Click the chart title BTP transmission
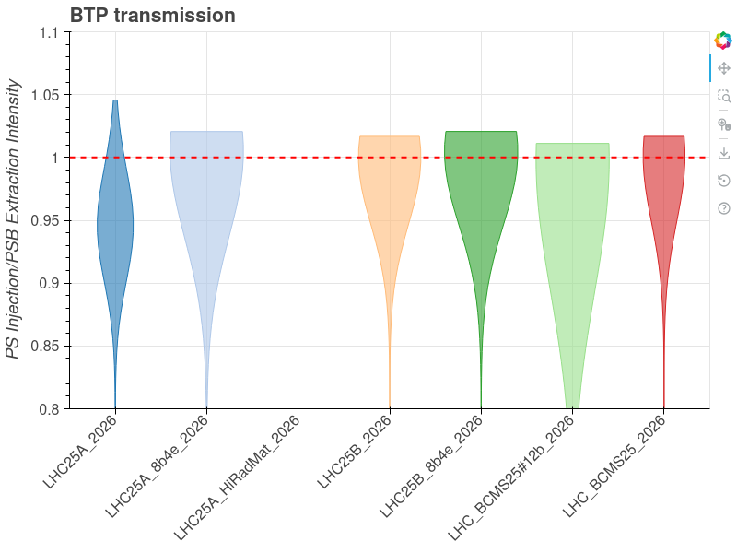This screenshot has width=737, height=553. click(x=152, y=16)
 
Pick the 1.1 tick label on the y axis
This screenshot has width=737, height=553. click(x=48, y=32)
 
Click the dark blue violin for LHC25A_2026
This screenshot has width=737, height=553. click(x=116, y=221)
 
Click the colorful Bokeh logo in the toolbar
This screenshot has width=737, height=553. click(x=723, y=41)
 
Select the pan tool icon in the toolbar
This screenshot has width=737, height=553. click(x=723, y=68)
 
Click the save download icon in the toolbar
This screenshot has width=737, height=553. click(x=723, y=153)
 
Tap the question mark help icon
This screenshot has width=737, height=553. click(x=723, y=208)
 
